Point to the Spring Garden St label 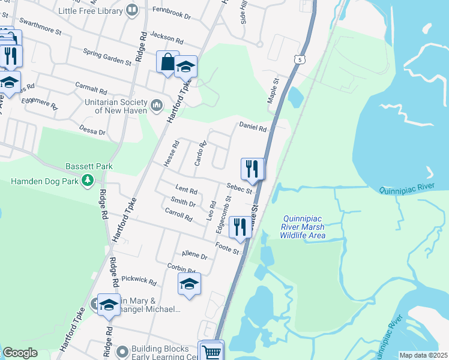107,56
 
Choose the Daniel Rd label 253,126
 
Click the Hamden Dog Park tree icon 88,179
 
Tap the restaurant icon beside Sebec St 252,169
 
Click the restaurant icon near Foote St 240,227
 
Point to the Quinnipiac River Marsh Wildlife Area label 303,227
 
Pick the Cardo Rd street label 200,154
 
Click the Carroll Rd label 178,214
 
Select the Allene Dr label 194,256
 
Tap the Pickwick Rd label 139,280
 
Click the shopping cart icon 211,351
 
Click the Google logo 19,353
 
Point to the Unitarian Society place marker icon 157,106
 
